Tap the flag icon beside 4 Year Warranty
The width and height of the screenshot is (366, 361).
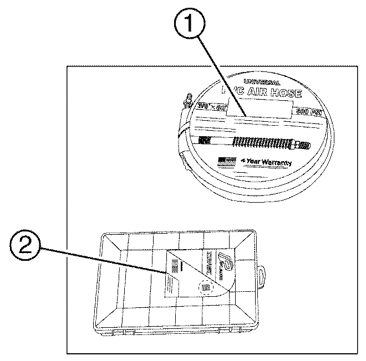(225, 162)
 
